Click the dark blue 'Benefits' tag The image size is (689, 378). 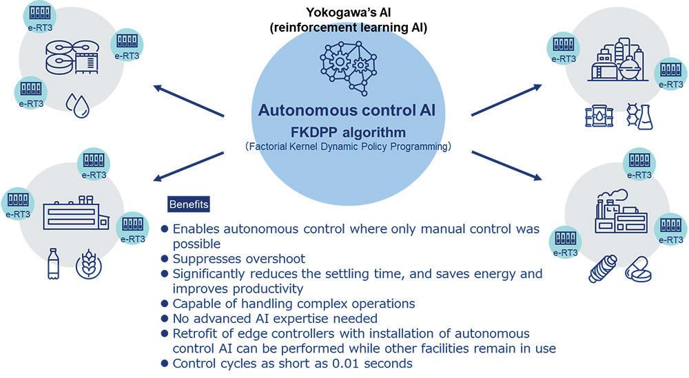[189, 204]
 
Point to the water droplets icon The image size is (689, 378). [76, 106]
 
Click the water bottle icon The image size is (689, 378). [54, 263]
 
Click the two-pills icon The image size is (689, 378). [638, 269]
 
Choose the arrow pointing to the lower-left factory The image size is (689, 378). [189, 166]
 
